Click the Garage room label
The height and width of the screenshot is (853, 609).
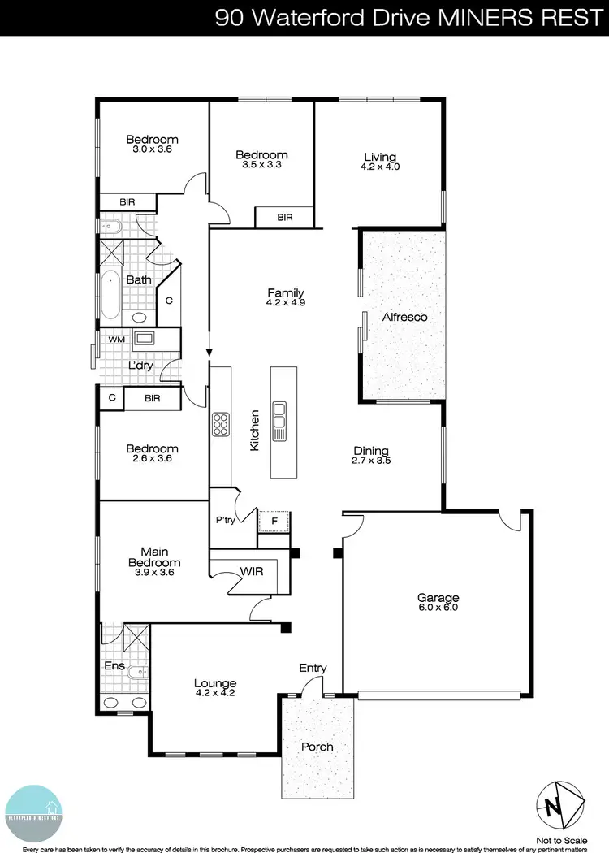[x=438, y=596]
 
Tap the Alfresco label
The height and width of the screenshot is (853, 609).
[x=404, y=317]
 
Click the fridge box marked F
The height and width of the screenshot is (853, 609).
[x=274, y=522]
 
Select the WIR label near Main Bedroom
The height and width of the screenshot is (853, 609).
[x=251, y=572]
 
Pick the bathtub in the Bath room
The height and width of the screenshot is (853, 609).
[x=110, y=295]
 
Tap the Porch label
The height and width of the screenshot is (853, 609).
[x=317, y=747]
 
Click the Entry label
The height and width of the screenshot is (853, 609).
[x=313, y=668]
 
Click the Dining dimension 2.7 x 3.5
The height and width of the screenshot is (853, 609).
[x=371, y=461]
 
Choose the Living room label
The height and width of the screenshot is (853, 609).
[x=380, y=157]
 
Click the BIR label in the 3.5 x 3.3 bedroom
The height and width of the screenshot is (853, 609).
[x=284, y=217]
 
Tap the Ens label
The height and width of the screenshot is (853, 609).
[x=113, y=666]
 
